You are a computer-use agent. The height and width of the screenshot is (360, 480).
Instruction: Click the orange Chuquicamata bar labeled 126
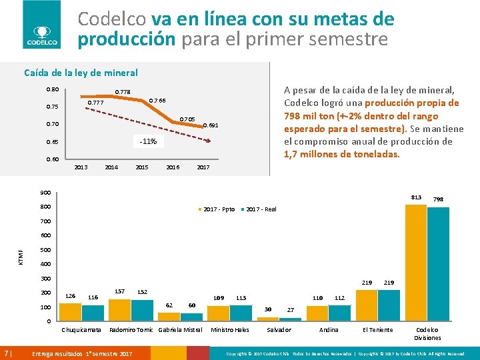pos(70,313)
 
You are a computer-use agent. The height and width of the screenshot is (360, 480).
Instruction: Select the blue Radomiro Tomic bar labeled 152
pos(142,311)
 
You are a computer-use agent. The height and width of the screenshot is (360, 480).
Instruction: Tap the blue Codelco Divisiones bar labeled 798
pos(438,265)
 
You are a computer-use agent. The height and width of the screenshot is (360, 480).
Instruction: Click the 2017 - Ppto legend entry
pos(217,209)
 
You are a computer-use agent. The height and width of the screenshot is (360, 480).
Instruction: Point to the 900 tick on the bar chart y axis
pos(46,193)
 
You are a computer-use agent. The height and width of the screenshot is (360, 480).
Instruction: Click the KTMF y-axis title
pos(21,255)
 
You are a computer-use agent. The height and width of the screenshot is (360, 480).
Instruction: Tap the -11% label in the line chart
pos(148,141)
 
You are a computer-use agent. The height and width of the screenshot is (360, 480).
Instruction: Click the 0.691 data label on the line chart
pos(210,125)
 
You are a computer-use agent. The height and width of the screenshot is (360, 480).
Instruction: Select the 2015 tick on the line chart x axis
pos(141,167)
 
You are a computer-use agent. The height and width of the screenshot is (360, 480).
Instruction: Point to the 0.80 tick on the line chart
pos(52,89)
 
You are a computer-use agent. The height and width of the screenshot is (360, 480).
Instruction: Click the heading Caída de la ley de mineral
pos(81,73)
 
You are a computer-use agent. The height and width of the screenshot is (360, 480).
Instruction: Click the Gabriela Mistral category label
pos(180,330)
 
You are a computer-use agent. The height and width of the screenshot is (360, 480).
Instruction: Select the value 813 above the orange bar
pos(417,197)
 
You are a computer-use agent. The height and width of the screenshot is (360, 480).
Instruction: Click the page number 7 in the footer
pos(7,353)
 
